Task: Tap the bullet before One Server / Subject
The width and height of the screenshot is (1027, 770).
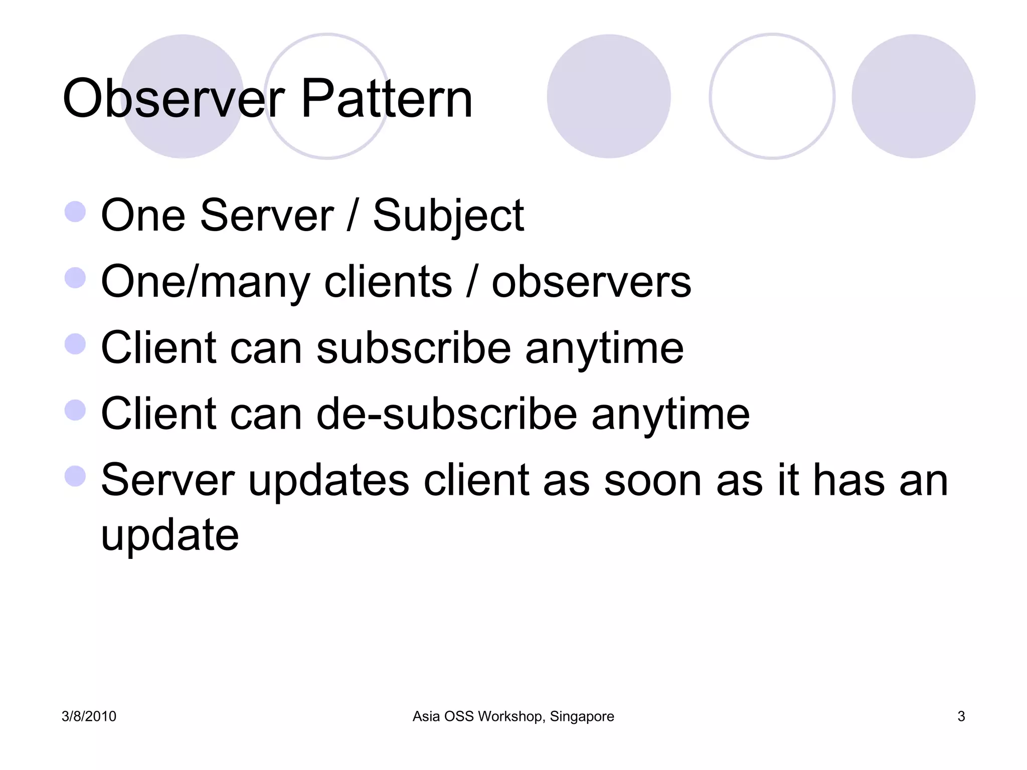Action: tap(75, 212)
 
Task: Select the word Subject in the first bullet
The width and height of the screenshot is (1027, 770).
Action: tap(448, 216)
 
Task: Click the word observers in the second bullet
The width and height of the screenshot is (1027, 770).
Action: tap(591, 282)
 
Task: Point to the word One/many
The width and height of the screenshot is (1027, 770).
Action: tap(206, 283)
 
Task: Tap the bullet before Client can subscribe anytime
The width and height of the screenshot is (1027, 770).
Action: tap(75, 344)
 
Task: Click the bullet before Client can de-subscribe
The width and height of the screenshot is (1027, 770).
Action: tap(75, 410)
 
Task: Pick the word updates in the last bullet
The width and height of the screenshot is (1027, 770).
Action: tap(328, 480)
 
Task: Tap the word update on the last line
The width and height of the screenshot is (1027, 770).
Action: tap(169, 535)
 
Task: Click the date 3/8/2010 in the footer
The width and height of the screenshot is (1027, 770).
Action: tap(89, 716)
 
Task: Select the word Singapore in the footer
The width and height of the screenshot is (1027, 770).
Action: tap(582, 716)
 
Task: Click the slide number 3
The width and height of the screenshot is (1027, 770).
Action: tap(961, 716)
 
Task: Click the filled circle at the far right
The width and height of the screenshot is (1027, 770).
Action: tap(913, 96)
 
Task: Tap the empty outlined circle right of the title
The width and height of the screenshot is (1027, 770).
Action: tap(772, 96)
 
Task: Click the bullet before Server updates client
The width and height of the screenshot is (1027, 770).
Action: tap(75, 476)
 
